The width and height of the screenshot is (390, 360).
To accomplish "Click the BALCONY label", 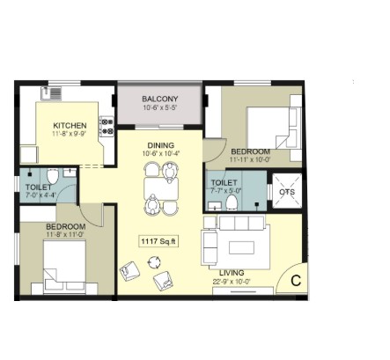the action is click(x=160, y=99).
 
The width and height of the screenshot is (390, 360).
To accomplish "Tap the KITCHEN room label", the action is click(x=70, y=126).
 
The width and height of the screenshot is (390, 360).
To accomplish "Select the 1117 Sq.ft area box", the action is click(x=158, y=241).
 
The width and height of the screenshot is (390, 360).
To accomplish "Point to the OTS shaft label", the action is click(x=287, y=192).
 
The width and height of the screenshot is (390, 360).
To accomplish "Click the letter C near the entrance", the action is click(x=296, y=281).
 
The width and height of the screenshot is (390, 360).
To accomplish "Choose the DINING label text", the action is click(x=161, y=145).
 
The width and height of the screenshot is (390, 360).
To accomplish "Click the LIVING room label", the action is click(x=232, y=273).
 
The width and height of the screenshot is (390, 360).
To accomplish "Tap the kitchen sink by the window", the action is click(x=51, y=94).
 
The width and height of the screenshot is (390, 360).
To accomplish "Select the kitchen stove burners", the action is click(x=107, y=126).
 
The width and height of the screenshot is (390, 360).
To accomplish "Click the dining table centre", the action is click(x=161, y=188).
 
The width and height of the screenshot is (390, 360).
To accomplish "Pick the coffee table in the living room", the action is click(x=242, y=247).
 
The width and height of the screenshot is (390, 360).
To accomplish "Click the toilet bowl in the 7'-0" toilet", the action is click(x=53, y=176).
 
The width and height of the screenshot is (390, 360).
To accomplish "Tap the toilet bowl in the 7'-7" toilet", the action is click(x=232, y=202).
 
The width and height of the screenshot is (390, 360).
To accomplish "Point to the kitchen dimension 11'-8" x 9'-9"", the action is click(x=70, y=134).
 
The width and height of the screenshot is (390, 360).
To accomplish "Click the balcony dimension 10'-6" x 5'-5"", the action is click(x=160, y=107).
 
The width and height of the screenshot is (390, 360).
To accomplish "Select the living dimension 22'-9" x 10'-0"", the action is click(x=232, y=282).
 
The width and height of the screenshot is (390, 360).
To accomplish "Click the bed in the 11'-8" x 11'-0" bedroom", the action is click(x=64, y=267).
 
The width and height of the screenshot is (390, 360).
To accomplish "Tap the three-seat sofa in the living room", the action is click(x=242, y=224).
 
